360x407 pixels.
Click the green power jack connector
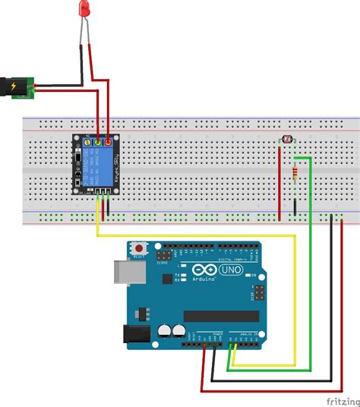31,88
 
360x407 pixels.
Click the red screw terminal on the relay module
109,142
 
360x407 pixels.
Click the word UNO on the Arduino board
229,270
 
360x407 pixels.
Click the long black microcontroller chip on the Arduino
216,316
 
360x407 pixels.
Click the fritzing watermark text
341,399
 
